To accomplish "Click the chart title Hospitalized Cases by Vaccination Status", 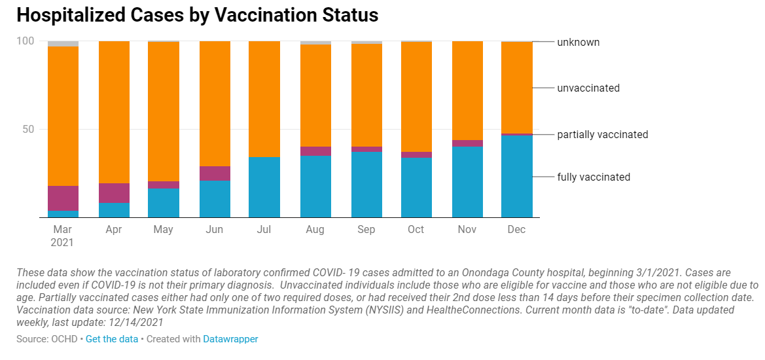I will coord(197,15).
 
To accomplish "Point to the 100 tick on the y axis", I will coord(25,41).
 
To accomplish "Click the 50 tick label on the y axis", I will coord(27,129).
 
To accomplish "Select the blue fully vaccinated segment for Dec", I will coord(516,176).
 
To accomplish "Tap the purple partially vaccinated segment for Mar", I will coord(63,198).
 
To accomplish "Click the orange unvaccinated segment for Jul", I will coord(264,99).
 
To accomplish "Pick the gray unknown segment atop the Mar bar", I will coord(63,44).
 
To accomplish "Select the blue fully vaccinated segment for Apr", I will coord(114,209).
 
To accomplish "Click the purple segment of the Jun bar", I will coord(215,173).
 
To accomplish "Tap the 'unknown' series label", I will coord(578,42).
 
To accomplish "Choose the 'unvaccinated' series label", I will coord(588,88).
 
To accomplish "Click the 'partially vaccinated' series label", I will coord(603,134).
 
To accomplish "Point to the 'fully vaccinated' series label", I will coord(594,177).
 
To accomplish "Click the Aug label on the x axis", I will coord(315,229).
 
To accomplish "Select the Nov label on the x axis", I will coord(466,229).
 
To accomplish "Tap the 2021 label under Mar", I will coord(63,242).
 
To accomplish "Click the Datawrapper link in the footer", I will coord(230,339).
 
